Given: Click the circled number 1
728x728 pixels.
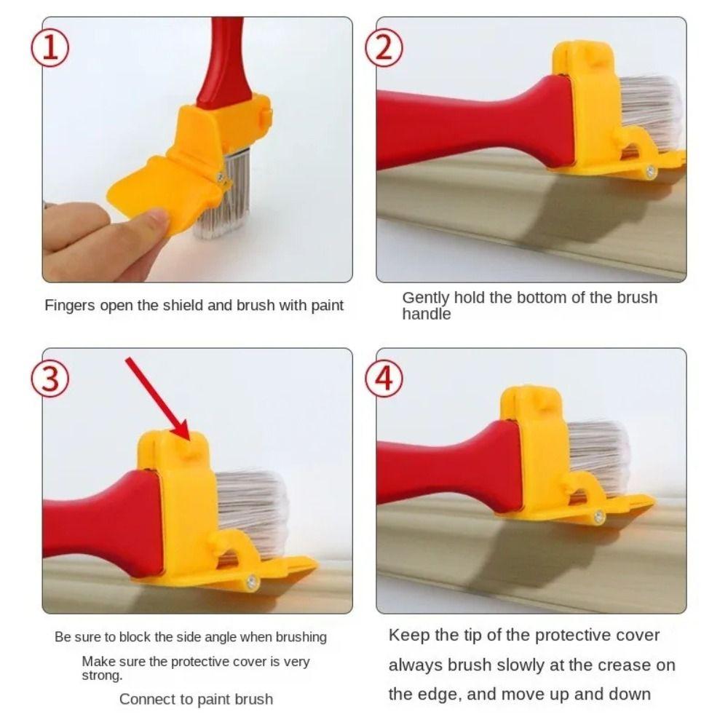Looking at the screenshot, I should coord(52,48).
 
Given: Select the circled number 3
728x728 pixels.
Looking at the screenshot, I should coord(52,379).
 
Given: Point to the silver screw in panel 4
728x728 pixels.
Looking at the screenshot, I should coord(599,517).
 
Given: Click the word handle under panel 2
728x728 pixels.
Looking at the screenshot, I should coord(427,314).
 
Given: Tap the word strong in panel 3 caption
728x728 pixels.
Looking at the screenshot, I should coord(101,676).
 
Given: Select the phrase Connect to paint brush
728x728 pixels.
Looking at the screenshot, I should coord(196,700).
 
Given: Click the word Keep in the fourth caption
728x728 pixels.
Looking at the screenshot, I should coord(408,635).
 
